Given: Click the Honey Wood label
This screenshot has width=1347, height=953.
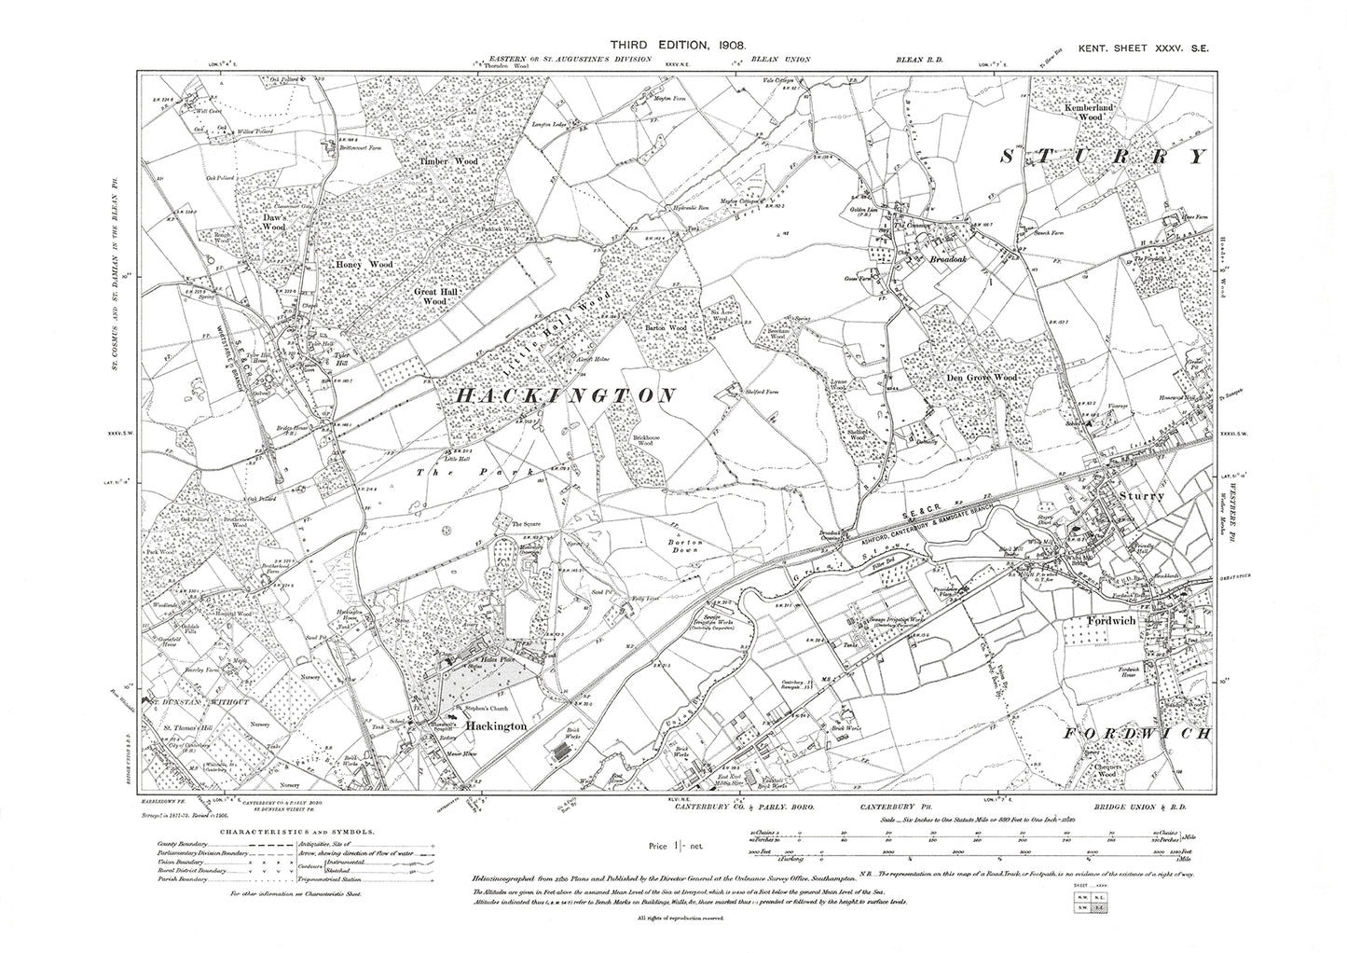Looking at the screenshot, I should pos(365,265).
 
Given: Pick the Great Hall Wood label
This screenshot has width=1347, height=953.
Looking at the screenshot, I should pos(430,296).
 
